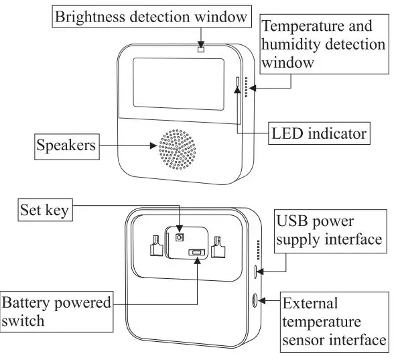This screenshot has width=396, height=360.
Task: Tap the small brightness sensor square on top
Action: point(200,48)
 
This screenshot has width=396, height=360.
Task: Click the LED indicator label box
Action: point(319,133)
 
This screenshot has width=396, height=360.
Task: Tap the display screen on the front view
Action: point(177,84)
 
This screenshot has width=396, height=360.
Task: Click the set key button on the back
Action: point(179,237)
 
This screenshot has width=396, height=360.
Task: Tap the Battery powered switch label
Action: point(56,312)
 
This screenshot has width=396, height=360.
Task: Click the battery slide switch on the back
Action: point(196,253)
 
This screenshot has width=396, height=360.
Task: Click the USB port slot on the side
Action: point(257,272)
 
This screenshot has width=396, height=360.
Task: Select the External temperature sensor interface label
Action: point(333,321)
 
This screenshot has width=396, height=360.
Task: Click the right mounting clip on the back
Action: point(218,247)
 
